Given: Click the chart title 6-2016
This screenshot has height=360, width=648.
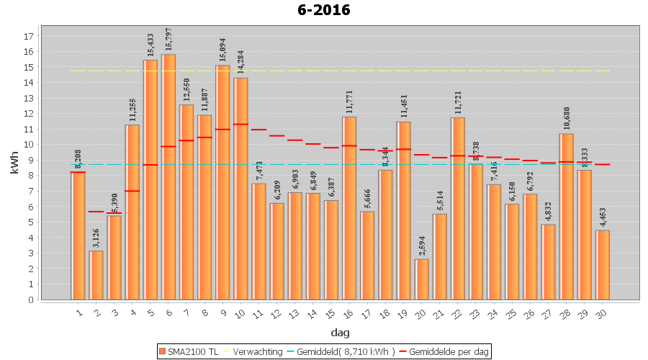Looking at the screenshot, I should point(323,10).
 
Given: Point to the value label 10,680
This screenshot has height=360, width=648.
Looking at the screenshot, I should point(567,119).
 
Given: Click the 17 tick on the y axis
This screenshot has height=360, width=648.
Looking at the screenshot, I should point(30,36).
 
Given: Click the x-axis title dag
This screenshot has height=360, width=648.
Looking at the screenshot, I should point(340,333).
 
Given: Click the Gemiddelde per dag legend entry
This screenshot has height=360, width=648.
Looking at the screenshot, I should point(448,351).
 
